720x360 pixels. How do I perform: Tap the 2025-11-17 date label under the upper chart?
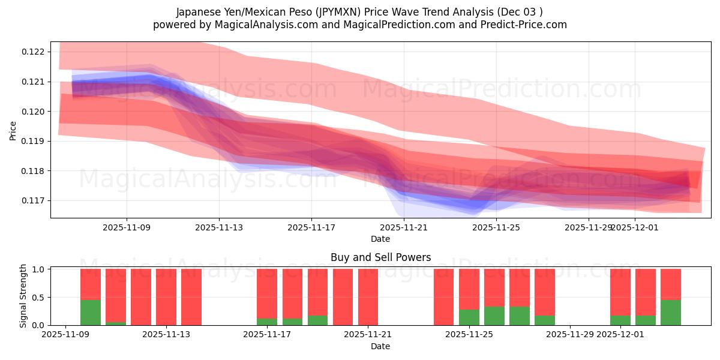[x=311, y=227]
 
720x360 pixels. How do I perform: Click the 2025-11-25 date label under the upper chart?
[x=496, y=227]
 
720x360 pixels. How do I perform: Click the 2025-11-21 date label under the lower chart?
[x=368, y=335]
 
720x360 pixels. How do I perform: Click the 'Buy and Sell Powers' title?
[x=380, y=257]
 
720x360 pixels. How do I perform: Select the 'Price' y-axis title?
[x=13, y=130]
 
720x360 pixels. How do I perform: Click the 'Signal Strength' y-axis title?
[x=23, y=296]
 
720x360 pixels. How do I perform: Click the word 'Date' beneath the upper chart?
[x=380, y=239]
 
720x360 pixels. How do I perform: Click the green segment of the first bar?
[x=91, y=313]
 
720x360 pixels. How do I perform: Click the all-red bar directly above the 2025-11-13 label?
[x=166, y=297]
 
